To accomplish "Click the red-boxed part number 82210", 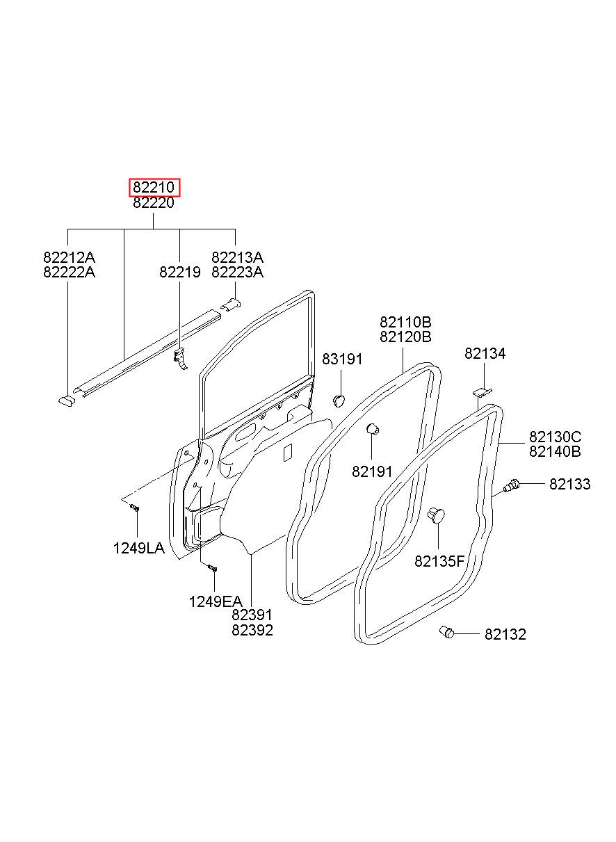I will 154,188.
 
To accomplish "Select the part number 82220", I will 154,203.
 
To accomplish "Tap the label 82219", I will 179,273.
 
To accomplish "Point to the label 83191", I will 342,359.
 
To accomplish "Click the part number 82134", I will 485,354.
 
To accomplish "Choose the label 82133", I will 569,484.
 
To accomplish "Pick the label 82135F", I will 439,561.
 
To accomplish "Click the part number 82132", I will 505,634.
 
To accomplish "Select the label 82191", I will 373,471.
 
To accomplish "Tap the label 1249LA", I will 138,548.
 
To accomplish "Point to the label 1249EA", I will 216,601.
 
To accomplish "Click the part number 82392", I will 252,631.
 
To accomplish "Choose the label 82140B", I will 555,452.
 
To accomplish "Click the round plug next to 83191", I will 340,399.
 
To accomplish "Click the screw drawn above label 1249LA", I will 135,509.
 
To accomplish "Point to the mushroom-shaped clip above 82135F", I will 436,515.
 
